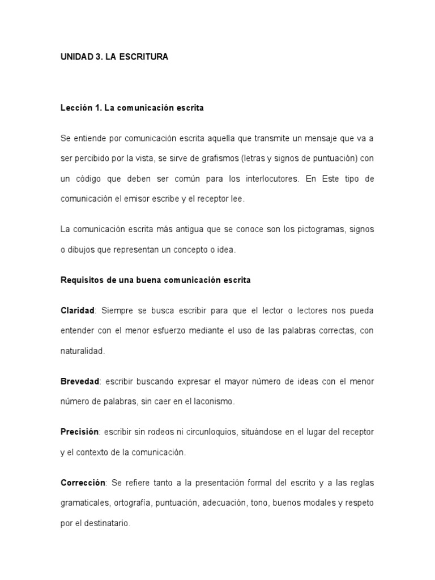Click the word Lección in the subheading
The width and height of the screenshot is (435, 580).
tap(76, 108)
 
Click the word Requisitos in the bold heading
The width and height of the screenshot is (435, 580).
tap(80, 280)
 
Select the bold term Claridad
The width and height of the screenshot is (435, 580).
tap(77, 311)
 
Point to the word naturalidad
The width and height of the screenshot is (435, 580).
tap(82, 351)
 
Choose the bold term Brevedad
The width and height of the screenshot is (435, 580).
tap(80, 382)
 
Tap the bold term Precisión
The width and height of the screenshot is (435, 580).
tap(79, 432)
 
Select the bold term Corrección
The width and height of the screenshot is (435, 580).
tap(83, 483)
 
